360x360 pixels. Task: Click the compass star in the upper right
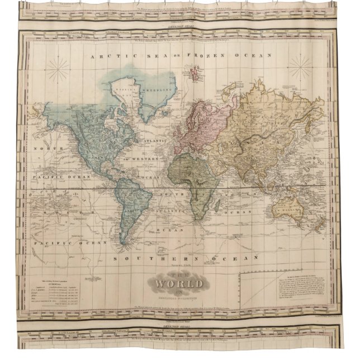pyautogui.click(x=300, y=69)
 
